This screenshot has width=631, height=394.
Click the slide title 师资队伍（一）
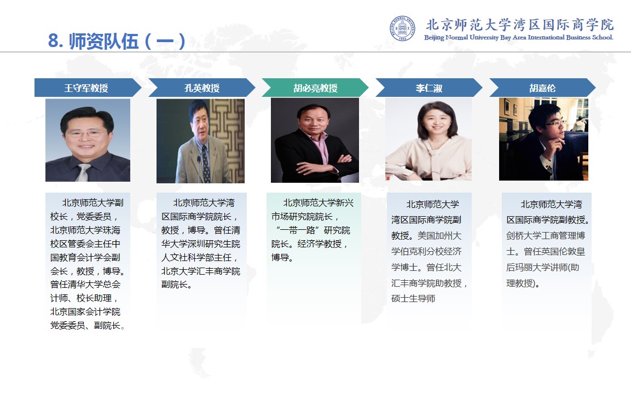point(116,41)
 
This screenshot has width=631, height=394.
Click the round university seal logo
point(402,28)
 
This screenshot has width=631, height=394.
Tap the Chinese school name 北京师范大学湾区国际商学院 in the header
point(519,25)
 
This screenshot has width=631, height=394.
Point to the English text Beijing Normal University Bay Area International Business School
point(518,37)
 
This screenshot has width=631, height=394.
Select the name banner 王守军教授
point(88,88)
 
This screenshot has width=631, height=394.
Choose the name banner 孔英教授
point(201,88)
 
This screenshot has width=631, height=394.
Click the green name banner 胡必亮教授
point(315,88)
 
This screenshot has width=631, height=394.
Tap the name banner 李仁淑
point(429,88)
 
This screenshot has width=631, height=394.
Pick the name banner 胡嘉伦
point(542,88)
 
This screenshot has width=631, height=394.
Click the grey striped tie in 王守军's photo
point(83,172)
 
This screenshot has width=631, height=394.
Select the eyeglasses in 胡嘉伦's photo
point(555,123)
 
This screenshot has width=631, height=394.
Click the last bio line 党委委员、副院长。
point(88,326)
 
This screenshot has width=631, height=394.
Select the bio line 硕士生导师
point(413,299)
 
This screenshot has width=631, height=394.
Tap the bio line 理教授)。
point(523,283)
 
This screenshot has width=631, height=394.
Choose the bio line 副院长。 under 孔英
point(177,285)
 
